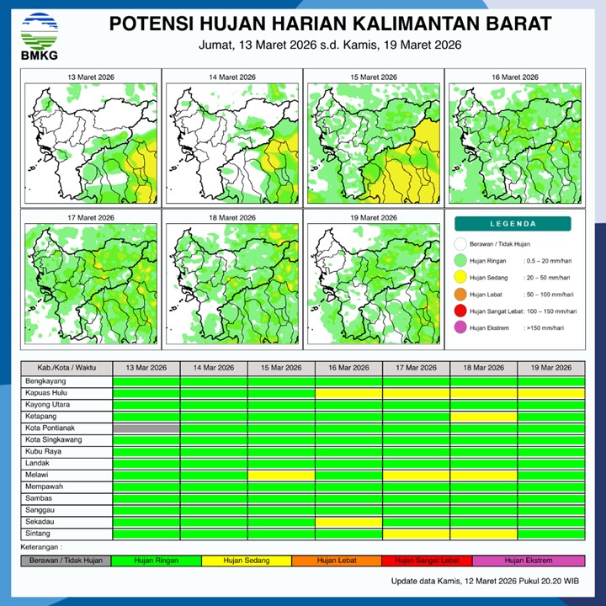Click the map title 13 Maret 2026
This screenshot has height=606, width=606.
(92, 77)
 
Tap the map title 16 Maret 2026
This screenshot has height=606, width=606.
(514, 77)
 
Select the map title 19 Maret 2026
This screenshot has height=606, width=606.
(373, 218)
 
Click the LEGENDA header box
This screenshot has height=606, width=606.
(513, 224)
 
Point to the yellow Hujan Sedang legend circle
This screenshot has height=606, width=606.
(460, 277)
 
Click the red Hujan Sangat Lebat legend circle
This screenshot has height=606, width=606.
(460, 311)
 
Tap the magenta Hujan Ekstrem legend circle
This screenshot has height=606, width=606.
(460, 328)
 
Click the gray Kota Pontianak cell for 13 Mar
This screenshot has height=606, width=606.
(146, 428)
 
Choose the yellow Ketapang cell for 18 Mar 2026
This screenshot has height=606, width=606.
(483, 417)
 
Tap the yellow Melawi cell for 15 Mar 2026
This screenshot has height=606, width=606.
(281, 476)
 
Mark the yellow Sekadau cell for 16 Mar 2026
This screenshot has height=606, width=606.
(348, 522)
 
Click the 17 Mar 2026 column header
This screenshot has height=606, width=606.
(416, 368)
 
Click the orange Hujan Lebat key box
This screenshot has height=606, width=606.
(337, 560)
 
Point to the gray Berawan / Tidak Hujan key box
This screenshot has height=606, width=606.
(66, 560)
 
